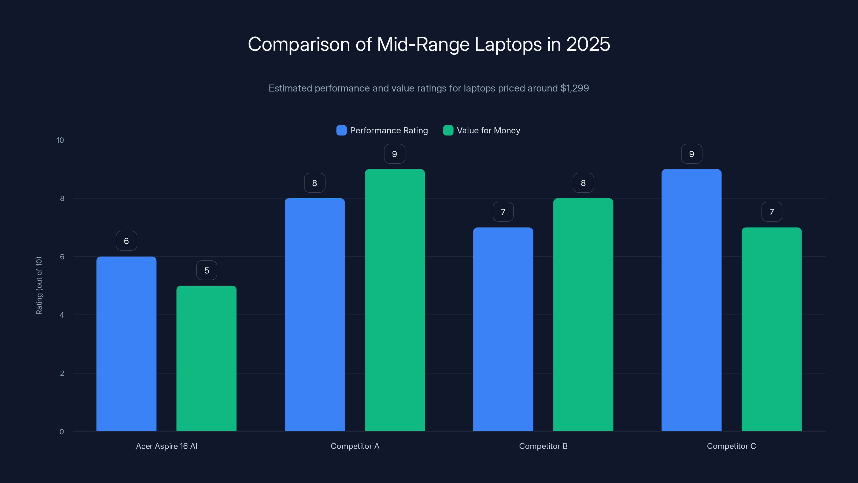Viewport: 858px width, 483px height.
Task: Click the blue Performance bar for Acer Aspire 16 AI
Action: point(126,343)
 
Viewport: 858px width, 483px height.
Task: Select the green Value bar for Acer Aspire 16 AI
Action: point(206,358)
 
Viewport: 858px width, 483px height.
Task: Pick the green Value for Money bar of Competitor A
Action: point(395,300)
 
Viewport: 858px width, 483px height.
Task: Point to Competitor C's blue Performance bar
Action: point(691,300)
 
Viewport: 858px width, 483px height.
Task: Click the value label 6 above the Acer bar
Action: point(126,241)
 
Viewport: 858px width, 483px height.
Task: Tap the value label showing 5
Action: point(206,270)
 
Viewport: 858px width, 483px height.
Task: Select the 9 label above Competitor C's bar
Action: point(691,154)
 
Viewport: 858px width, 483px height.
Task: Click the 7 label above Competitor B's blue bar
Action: point(503,212)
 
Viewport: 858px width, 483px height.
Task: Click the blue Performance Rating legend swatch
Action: point(341,130)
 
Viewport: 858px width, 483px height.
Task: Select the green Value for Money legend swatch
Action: point(448,130)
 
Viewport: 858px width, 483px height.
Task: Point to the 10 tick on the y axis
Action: point(60,140)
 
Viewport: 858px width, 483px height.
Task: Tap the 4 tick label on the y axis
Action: point(62,315)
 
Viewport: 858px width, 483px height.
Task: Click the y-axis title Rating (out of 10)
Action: point(39,285)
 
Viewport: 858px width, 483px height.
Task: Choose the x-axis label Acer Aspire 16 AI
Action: point(167,446)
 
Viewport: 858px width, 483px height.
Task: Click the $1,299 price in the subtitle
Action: point(575,88)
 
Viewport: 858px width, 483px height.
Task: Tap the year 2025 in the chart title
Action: point(588,44)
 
